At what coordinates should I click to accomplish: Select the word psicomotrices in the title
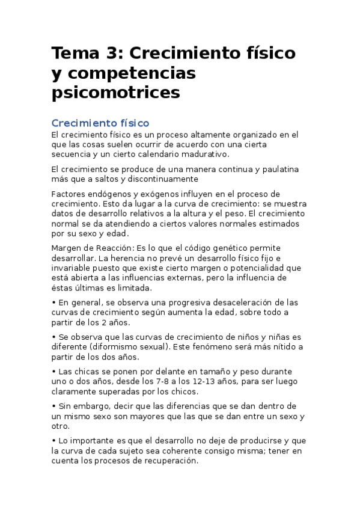click(x=115, y=93)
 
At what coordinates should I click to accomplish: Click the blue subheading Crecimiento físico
click(x=100, y=123)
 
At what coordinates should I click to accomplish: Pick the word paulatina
click(x=272, y=170)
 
